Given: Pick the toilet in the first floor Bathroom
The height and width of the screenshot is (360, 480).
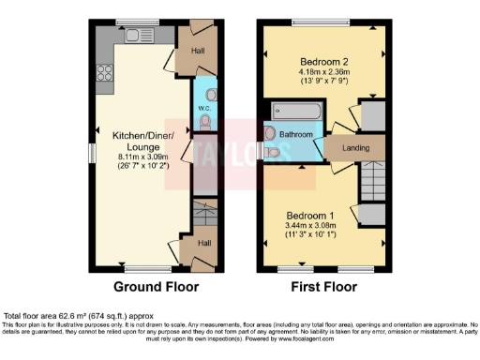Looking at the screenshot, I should click(272, 150).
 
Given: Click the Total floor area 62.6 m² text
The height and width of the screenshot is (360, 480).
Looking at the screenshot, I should click(79, 315).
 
